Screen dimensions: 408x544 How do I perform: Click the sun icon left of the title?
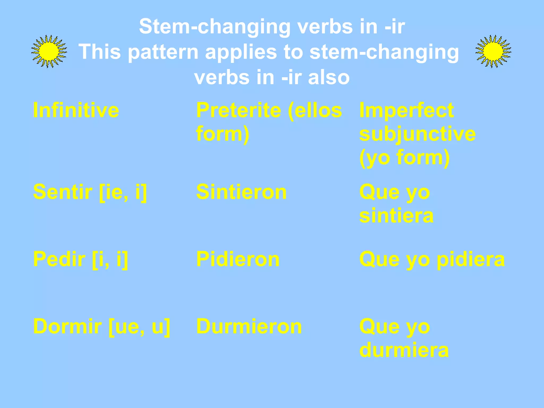(49, 51)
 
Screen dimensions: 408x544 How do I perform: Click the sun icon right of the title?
(493, 51)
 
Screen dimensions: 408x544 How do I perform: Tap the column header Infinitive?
(76, 110)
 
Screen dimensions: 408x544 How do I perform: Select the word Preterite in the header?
(239, 110)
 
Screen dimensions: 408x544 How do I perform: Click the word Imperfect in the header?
(406, 110)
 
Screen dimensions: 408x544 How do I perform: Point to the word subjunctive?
(417, 134)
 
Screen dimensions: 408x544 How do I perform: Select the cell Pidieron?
(238, 259)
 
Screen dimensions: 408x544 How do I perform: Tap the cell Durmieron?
(249, 326)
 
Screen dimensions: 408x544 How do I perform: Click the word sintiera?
(396, 215)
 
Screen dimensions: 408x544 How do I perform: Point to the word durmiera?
(404, 350)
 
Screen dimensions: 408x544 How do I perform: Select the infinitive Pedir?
(59, 259)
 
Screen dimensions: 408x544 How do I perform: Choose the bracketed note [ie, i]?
(123, 192)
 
